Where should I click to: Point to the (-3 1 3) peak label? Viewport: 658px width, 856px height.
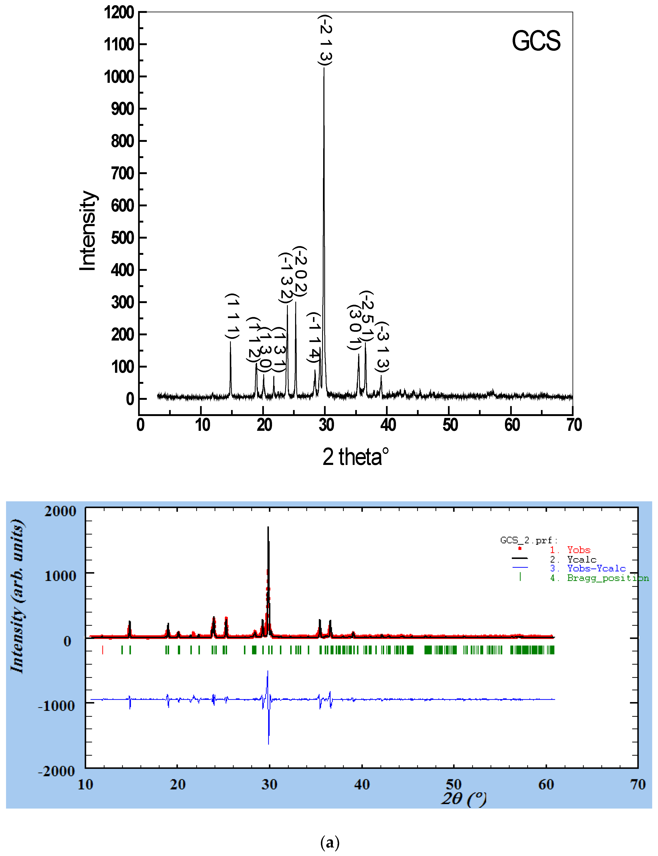[382, 347]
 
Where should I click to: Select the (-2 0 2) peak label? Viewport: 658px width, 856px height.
[301, 271]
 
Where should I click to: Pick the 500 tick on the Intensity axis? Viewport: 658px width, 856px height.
[122, 238]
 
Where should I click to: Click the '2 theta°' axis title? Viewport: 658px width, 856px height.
[356, 457]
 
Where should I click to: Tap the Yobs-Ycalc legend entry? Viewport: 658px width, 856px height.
[596, 569]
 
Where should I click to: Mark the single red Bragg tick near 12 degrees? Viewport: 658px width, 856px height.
[103, 650]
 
